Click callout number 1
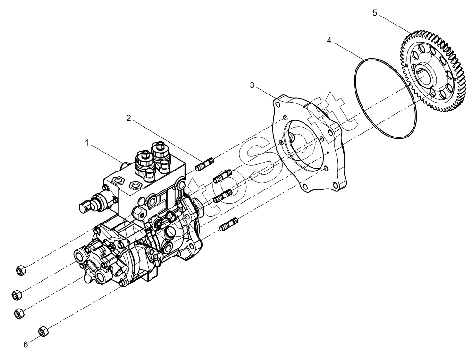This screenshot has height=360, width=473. coord(87,142)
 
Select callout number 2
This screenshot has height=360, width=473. coord(128,118)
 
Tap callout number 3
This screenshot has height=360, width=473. coord(253,85)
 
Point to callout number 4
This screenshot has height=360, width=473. coord(329,40)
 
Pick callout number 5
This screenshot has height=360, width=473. coord(375,13)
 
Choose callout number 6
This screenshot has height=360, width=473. coord(26,344)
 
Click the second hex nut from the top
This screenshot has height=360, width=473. coord(16,294)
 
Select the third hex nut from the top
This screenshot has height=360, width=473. coord(19,312)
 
